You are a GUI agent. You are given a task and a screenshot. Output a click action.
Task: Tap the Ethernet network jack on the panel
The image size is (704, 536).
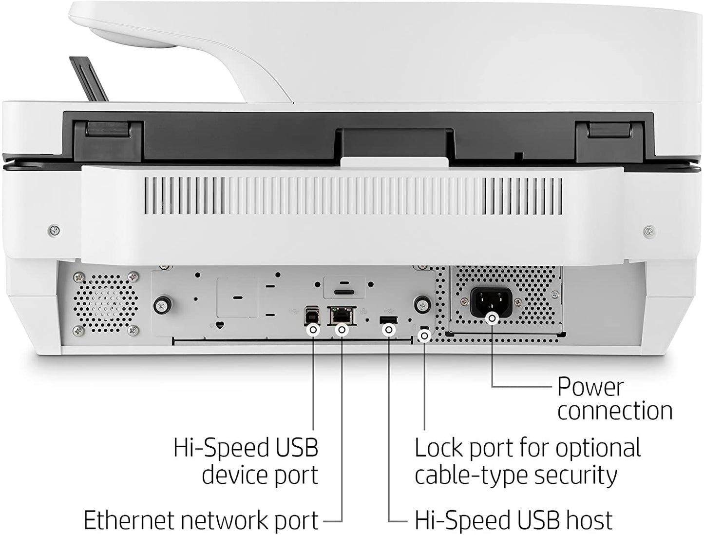click(342, 316)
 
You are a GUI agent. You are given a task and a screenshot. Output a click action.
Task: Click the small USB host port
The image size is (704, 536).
click(388, 320)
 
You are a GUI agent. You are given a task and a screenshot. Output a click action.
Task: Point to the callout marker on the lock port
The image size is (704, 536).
click(425, 336)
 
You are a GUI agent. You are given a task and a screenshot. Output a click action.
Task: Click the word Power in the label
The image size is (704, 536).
click(590, 387)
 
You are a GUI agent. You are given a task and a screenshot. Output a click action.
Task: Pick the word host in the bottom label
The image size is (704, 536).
click(588, 520)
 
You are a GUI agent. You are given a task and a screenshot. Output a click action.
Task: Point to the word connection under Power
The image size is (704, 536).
click(615, 411)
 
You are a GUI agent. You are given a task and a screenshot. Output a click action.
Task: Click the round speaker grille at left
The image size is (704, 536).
click(105, 303)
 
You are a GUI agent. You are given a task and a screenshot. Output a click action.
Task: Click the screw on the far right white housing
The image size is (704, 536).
click(648, 231)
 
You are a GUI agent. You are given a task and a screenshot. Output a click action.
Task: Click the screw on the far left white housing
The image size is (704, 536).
click(55, 229)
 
